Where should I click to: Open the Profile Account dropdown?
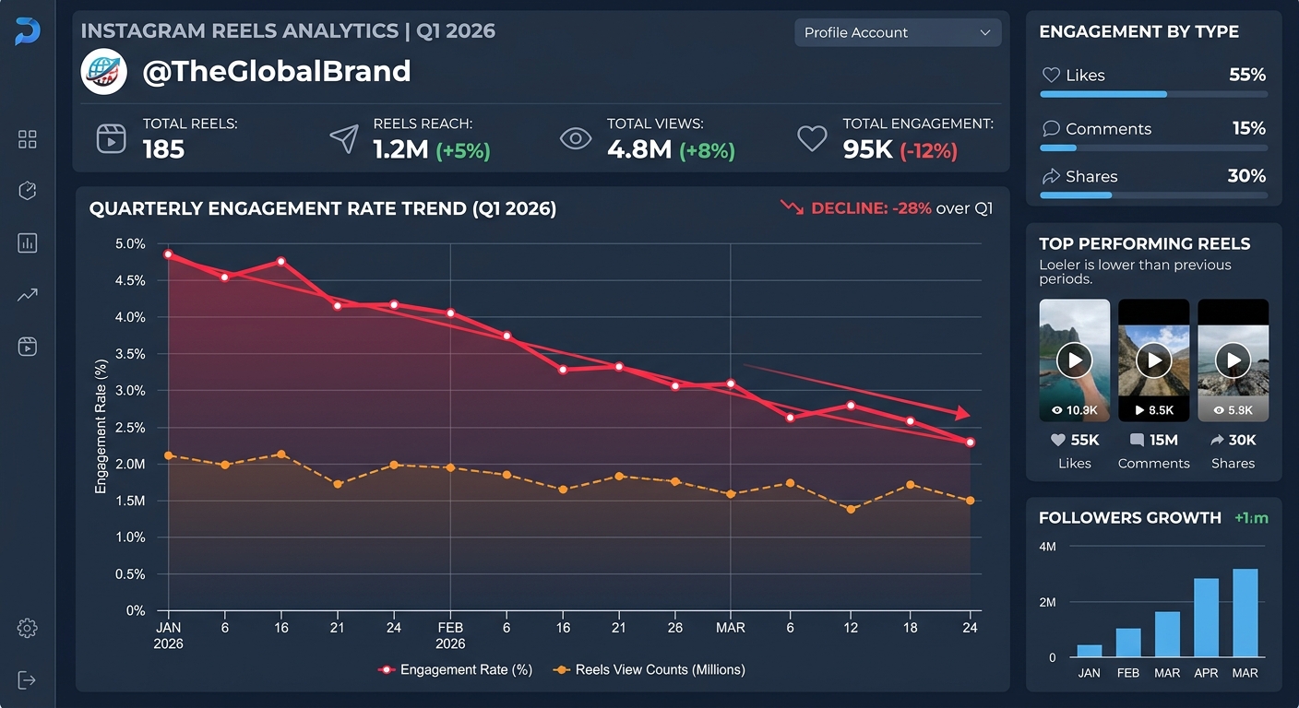click(897, 32)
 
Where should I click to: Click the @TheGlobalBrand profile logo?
click(103, 72)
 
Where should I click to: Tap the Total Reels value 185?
click(163, 149)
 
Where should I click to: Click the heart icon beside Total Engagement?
click(812, 139)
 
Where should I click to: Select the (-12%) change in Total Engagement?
click(928, 150)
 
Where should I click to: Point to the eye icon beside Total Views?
click(576, 139)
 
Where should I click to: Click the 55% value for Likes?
click(1246, 76)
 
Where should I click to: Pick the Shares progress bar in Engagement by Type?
click(1153, 195)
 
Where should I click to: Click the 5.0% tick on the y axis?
click(130, 244)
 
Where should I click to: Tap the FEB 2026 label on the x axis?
click(450, 635)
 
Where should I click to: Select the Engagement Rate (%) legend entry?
click(456, 670)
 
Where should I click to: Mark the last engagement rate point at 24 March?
click(971, 442)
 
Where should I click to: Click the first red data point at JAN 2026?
click(168, 254)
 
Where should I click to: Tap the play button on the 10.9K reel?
click(1074, 360)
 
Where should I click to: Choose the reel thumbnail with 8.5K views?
click(1153, 360)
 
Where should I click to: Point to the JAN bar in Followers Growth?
click(1089, 651)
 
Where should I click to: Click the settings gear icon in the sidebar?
click(27, 629)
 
